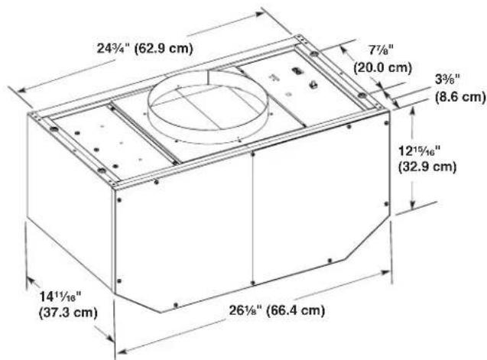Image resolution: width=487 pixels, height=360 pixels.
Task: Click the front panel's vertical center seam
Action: (253, 229)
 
